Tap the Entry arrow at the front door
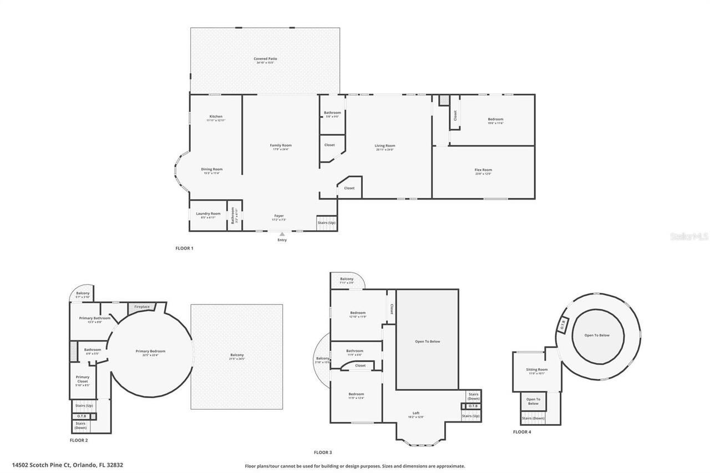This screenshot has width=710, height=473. tap(282, 235)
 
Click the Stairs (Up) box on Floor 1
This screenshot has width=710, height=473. tap(326, 222)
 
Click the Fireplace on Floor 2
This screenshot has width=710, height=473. tap(142, 307)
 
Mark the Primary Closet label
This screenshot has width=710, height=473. tap(83, 380)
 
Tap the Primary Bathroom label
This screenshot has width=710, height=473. tap(94, 319)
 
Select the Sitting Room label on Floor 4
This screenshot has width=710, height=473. tap(537, 370)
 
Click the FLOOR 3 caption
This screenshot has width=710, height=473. tap(323, 452)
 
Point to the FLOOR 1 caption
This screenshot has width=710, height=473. tap(184, 248)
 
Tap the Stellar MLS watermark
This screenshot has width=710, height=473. tap(689, 236)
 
